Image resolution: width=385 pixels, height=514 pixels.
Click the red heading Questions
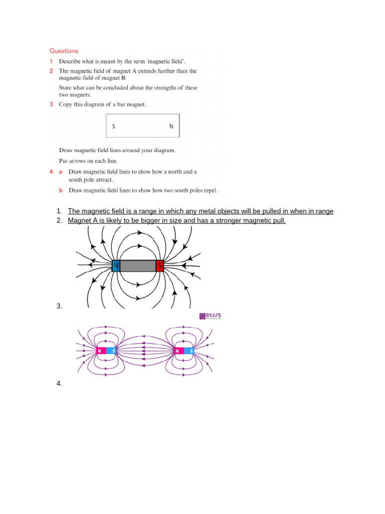(64, 51)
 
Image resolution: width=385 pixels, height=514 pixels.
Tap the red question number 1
(51, 61)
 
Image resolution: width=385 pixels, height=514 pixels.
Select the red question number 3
(51, 104)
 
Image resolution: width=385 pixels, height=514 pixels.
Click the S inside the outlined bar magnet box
(114, 126)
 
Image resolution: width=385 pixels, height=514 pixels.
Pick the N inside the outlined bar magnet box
(171, 126)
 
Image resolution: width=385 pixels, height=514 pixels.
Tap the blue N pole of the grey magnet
(116, 266)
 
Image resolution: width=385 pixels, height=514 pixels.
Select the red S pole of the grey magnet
(160, 266)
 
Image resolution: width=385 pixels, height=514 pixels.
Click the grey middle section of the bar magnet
(138, 266)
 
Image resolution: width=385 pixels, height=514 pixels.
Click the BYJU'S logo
(210, 316)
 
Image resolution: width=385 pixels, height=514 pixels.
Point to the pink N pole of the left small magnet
(100, 351)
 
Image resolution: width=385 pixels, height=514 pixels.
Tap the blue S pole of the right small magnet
(190, 351)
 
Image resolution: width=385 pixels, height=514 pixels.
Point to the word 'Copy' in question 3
(67, 104)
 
